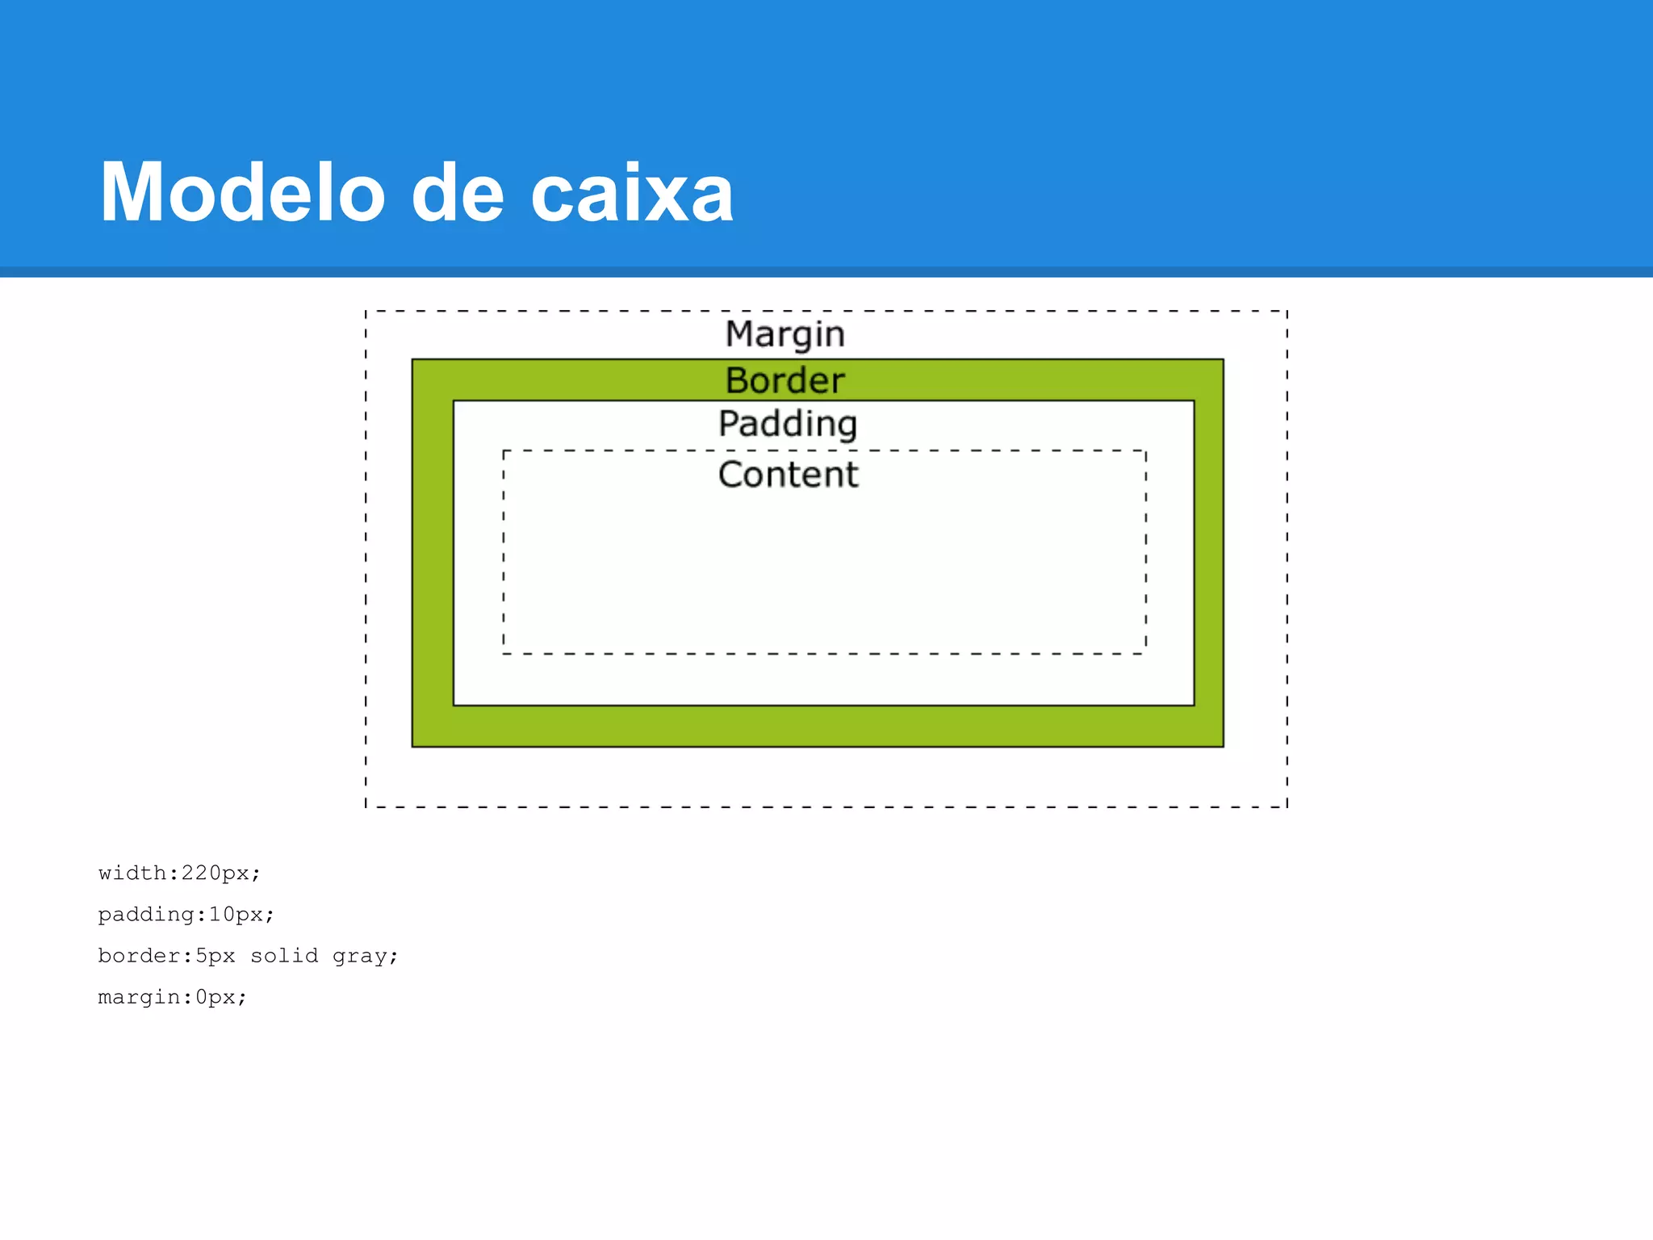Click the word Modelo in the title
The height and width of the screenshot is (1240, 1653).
point(242,194)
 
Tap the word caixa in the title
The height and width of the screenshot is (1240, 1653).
point(632,194)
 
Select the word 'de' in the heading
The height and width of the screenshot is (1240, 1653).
point(458,194)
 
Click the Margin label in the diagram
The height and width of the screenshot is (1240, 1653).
point(785,334)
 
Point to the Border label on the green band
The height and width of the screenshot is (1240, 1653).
point(785,380)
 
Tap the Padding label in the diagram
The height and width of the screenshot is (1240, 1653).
point(788,424)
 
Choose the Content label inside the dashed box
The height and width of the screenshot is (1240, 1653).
point(788,474)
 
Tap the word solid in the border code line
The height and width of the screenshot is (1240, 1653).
point(284,956)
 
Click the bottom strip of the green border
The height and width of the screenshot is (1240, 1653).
point(818,727)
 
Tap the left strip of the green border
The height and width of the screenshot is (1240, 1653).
point(433,553)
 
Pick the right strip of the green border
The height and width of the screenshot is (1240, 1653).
point(1208,553)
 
